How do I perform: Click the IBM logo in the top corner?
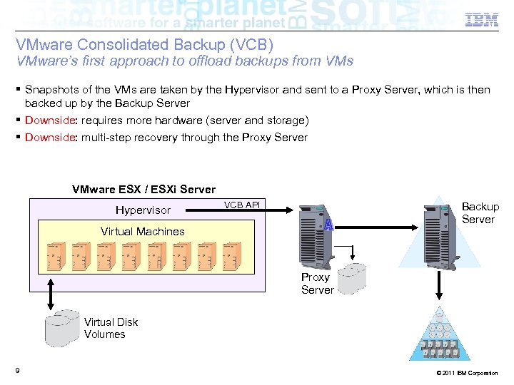(x=482, y=21)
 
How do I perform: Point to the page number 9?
(x=16, y=370)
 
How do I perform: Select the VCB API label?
(x=242, y=205)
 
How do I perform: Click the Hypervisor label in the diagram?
(x=143, y=210)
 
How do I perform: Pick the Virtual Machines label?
(x=143, y=231)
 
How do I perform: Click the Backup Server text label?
(x=480, y=212)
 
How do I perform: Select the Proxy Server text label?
(x=317, y=284)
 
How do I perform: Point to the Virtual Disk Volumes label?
(x=111, y=328)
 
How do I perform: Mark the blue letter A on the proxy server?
(x=328, y=225)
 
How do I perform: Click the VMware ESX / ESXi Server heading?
(x=143, y=190)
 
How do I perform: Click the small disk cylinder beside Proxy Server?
(x=353, y=277)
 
